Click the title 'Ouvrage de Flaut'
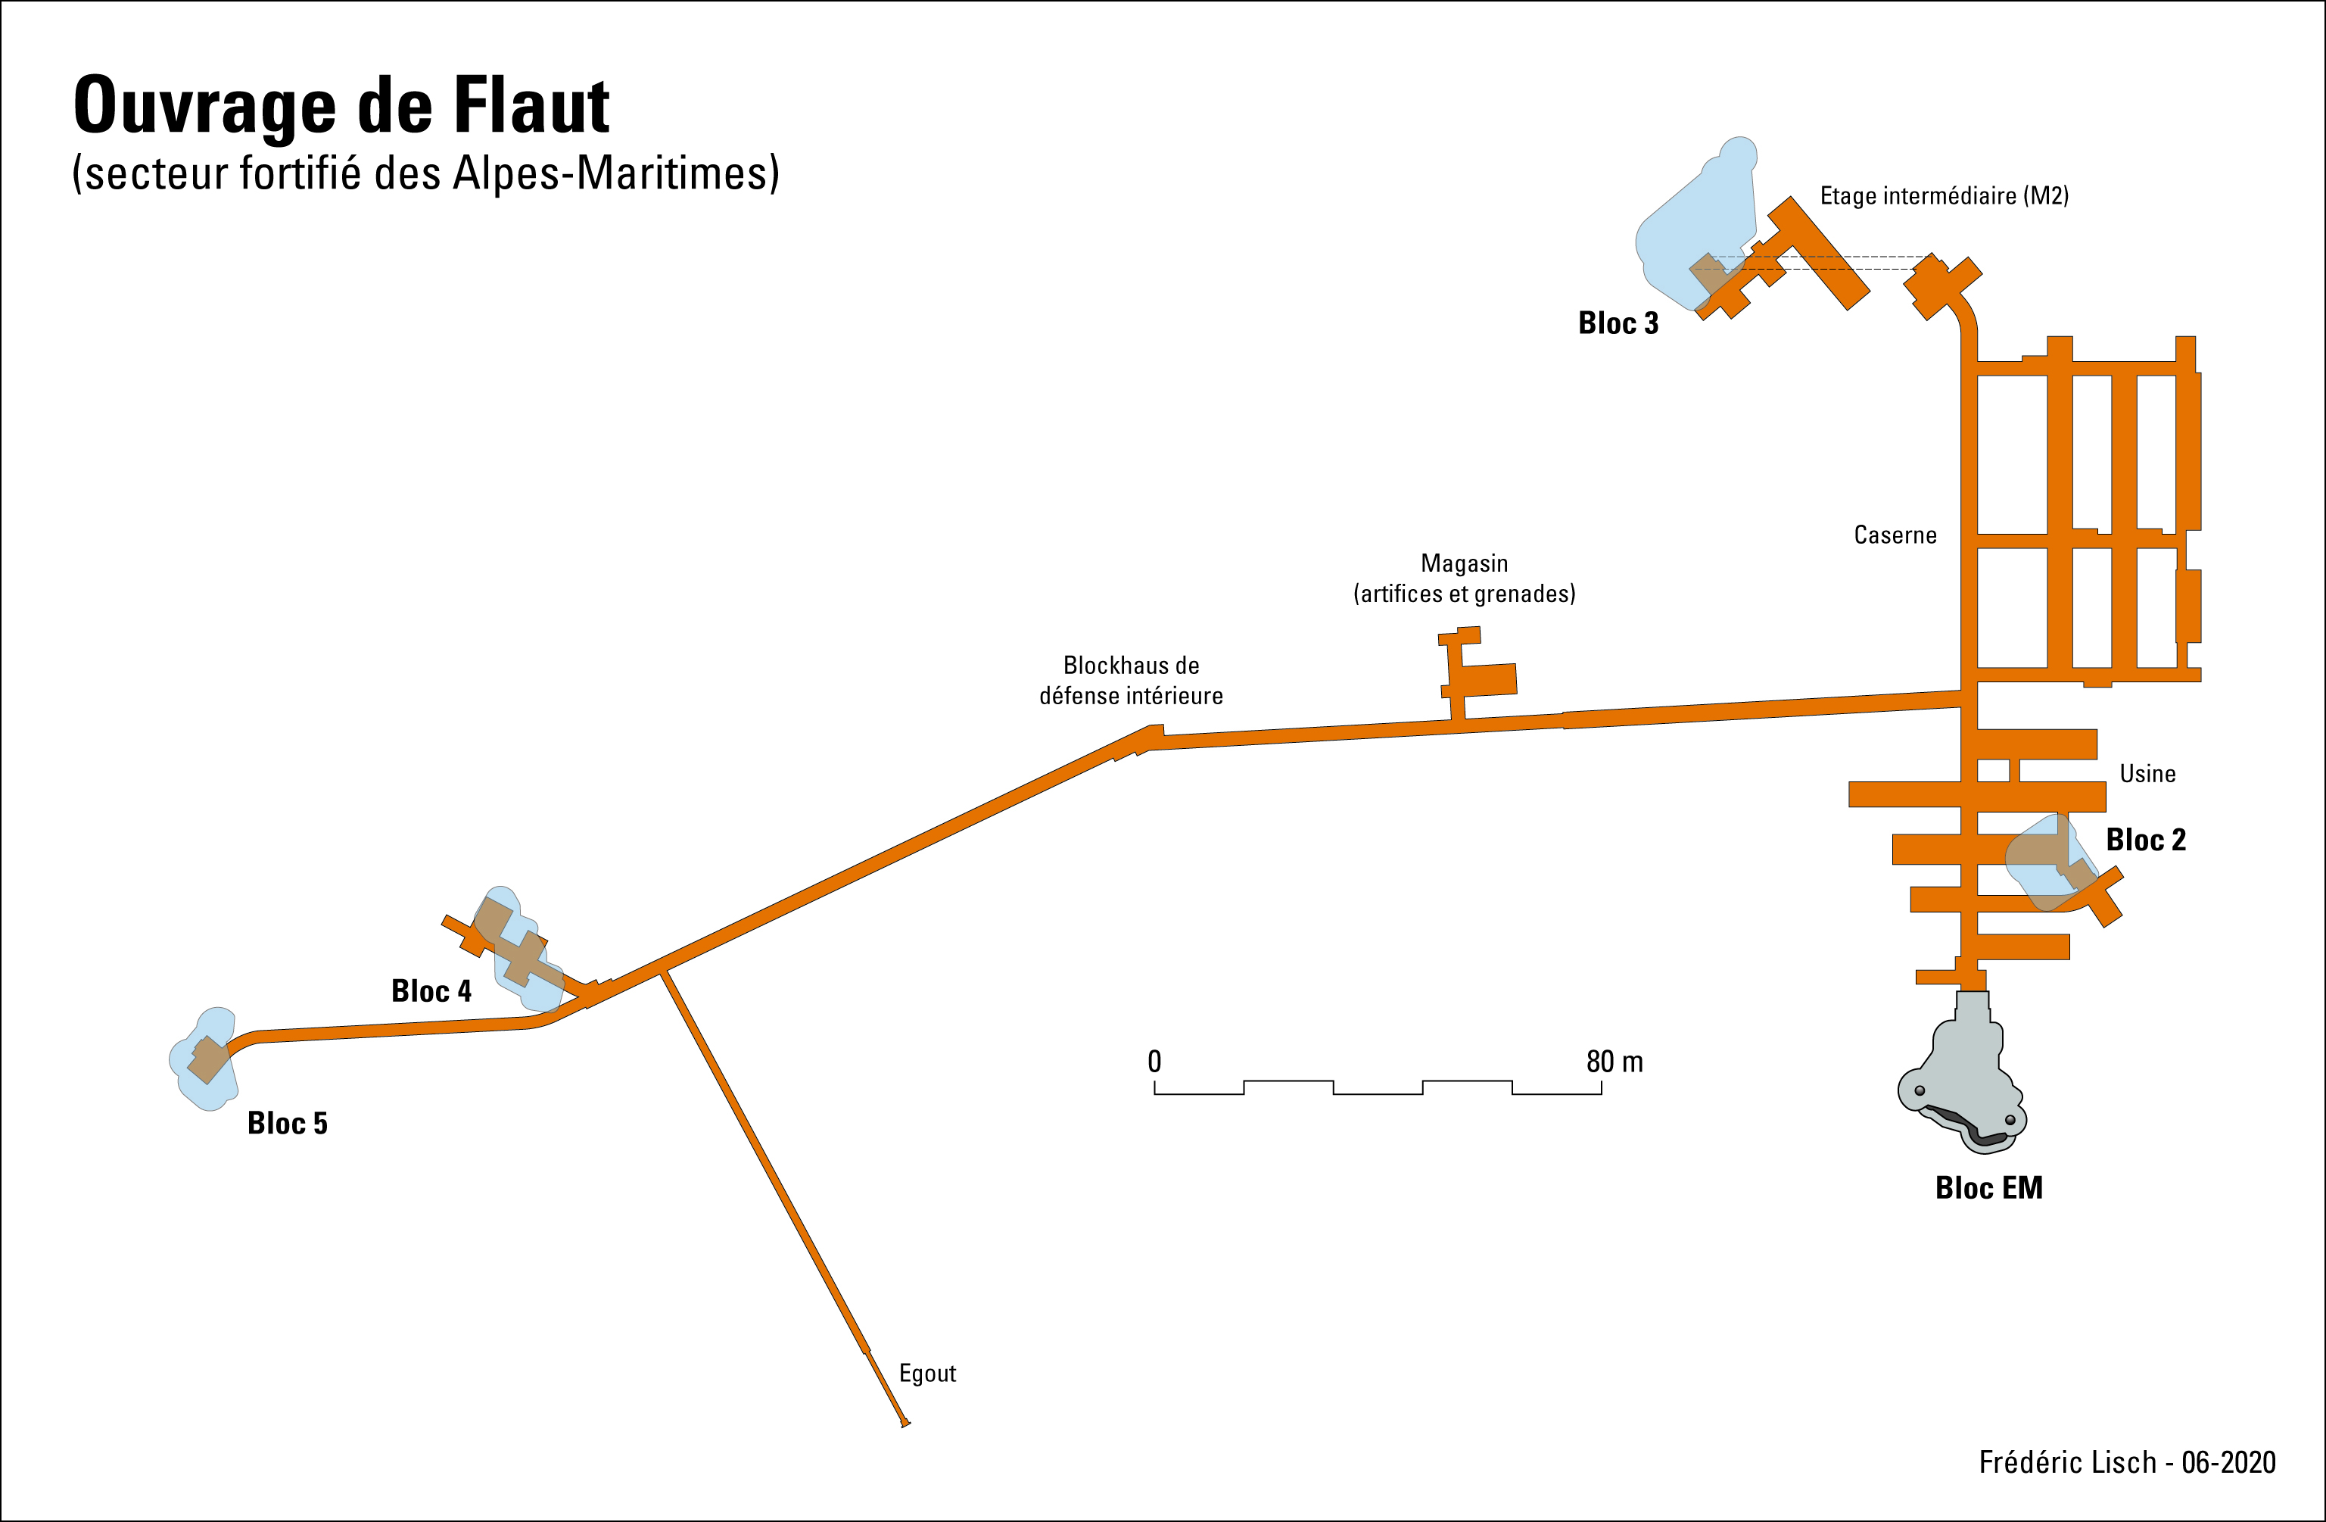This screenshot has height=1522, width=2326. click(341, 105)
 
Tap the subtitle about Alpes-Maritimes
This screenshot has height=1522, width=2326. click(425, 173)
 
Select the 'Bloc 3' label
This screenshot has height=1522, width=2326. click(1618, 323)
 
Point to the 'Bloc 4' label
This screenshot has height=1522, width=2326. click(431, 991)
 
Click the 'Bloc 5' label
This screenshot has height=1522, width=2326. click(288, 1123)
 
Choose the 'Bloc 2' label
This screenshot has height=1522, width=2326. click(2145, 840)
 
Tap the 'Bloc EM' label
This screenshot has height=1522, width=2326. click(1989, 1187)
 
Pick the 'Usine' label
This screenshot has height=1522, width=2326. click(2147, 773)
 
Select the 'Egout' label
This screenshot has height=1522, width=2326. click(926, 1374)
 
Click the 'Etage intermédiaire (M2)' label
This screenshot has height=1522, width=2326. click(1943, 195)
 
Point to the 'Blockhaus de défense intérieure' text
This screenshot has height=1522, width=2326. click(1131, 680)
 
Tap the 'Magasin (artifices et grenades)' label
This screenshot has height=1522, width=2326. click(1464, 578)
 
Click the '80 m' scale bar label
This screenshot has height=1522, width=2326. click(1614, 1062)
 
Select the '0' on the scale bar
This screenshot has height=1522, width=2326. click(1154, 1062)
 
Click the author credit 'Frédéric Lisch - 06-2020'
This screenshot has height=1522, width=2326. click(2127, 1462)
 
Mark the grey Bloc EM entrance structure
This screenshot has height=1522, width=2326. click(1960, 1085)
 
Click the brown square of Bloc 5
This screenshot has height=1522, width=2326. click(208, 1059)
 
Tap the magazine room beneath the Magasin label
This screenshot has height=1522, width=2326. click(1484, 679)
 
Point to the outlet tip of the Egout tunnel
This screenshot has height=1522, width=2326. click(906, 1424)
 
